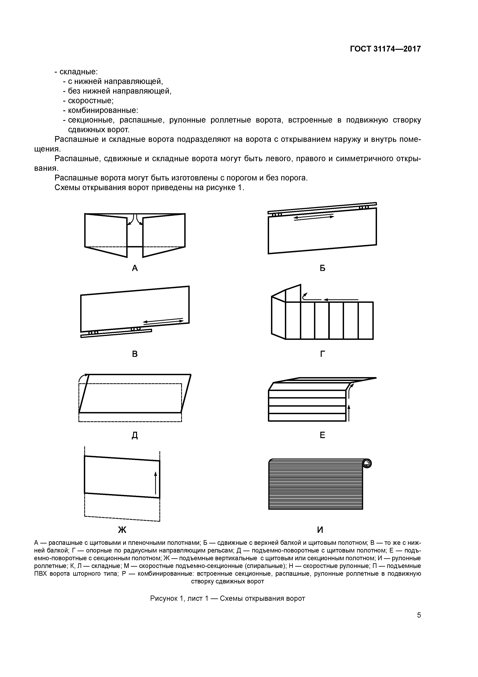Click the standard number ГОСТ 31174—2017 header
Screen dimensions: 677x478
pos(385,49)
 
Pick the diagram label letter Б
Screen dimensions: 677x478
pos(322,268)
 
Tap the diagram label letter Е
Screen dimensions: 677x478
pos(322,435)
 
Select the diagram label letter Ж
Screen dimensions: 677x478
pos(122,530)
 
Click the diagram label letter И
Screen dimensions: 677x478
pos(320,530)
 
